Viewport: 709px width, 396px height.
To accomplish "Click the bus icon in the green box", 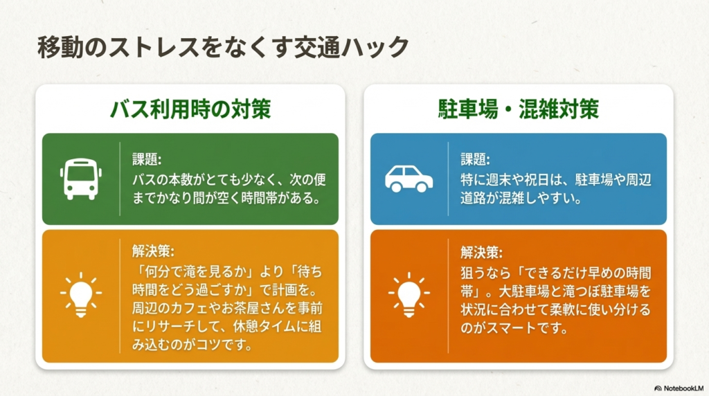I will point(81,179).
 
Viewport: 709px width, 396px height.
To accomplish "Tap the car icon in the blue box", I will point(409,179).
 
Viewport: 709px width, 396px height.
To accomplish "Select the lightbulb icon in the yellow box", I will point(81,295).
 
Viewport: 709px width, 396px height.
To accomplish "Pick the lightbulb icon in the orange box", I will point(409,295).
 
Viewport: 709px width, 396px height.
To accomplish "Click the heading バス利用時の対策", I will point(190,109).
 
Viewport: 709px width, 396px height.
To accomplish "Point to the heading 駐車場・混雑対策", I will point(518,109).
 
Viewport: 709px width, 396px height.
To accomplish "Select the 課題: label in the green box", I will point(147,160).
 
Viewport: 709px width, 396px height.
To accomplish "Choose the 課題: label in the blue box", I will point(475,160).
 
